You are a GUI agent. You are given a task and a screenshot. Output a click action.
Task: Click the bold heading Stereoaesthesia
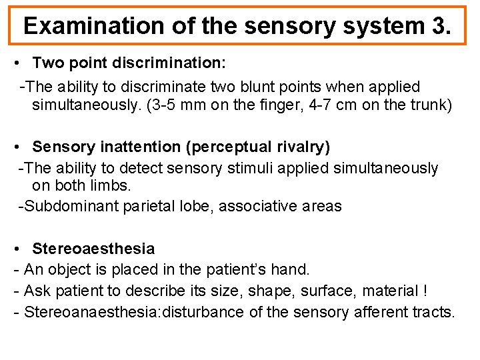click(93, 249)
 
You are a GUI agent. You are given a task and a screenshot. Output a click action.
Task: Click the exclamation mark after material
click(425, 291)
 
